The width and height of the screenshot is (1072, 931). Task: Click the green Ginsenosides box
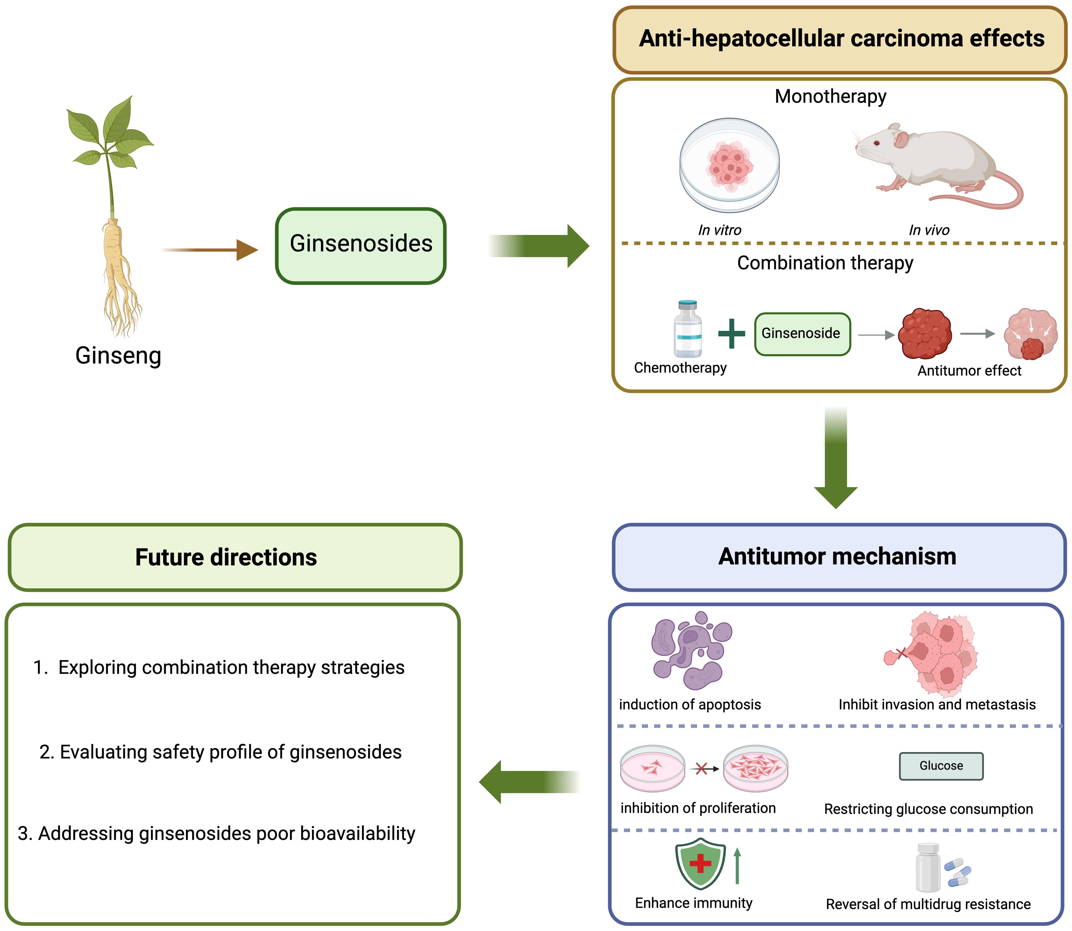coord(361,246)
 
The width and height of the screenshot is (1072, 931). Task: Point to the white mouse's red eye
coord(877,143)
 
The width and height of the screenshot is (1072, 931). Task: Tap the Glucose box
coord(941,766)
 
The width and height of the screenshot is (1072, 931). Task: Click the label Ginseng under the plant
coord(118,356)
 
